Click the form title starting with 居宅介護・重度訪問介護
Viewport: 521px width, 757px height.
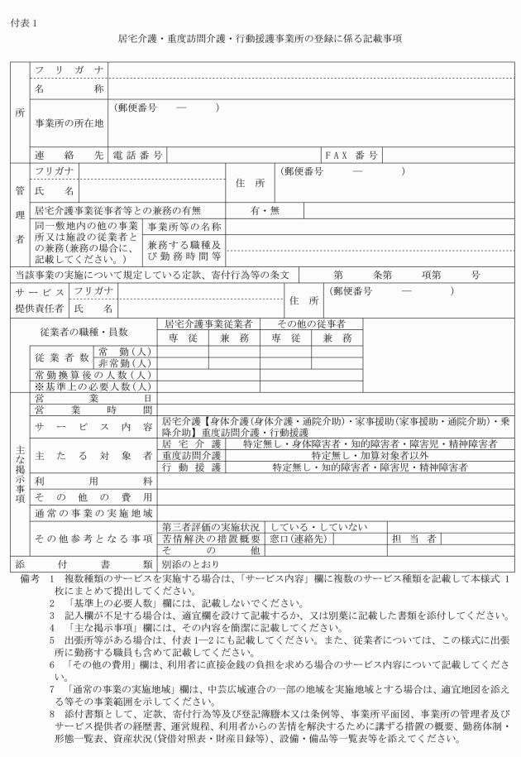pyautogui.click(x=260, y=39)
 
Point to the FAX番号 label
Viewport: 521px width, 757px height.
pyautogui.click(x=351, y=155)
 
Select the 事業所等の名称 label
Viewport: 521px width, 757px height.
pyautogui.click(x=184, y=226)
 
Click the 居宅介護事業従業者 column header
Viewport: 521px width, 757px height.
pyautogui.click(x=208, y=323)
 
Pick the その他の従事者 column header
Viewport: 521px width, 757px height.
pyautogui.click(x=310, y=323)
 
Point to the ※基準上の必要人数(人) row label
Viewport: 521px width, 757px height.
pyautogui.click(x=91, y=386)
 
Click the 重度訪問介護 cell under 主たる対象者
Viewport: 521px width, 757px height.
pyautogui.click(x=191, y=455)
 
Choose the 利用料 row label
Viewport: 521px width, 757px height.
pyautogui.click(x=93, y=480)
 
